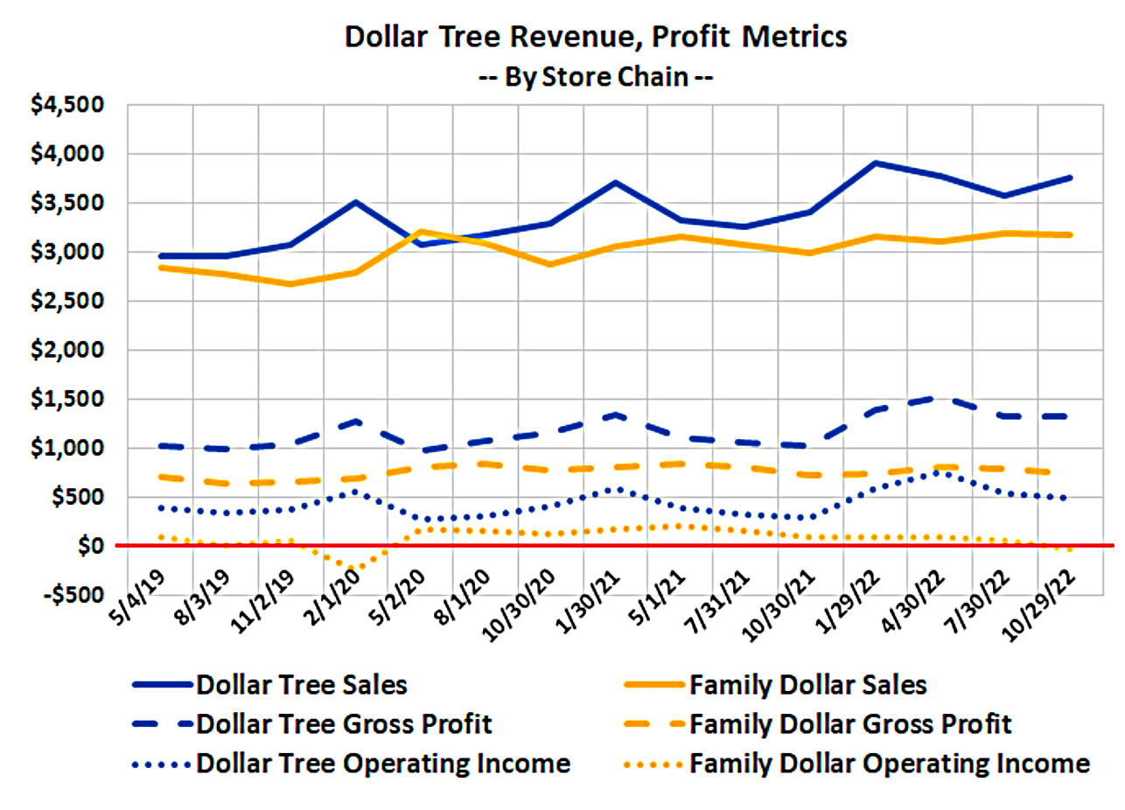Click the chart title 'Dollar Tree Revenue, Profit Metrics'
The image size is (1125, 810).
(596, 37)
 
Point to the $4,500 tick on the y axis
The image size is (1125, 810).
(68, 105)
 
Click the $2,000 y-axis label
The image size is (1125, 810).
(68, 350)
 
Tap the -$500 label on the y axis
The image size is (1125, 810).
(68, 596)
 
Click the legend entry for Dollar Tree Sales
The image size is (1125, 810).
(302, 684)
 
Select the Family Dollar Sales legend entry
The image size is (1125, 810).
(807, 684)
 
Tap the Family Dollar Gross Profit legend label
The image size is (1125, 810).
(850, 724)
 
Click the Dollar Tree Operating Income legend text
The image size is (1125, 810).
(384, 764)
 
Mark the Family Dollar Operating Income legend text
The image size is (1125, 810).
(890, 764)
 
